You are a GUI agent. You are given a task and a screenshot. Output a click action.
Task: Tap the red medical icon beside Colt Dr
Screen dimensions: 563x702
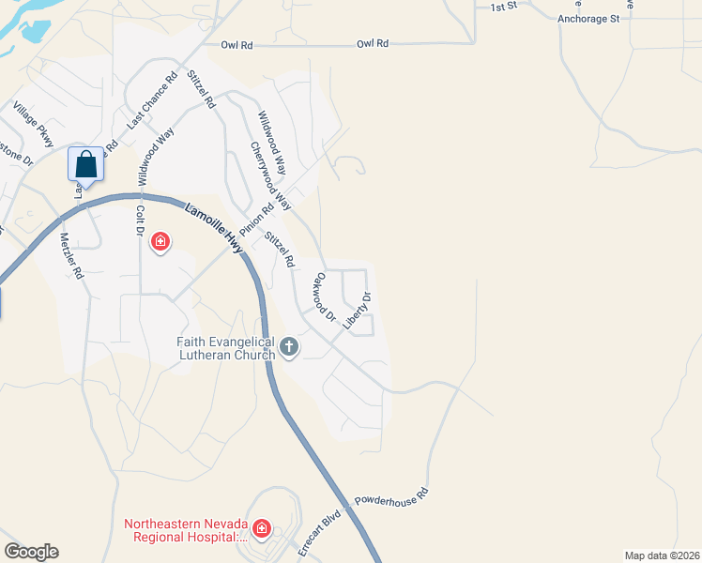160,243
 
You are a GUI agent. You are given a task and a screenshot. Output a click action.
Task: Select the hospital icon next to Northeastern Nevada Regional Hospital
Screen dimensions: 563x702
262,529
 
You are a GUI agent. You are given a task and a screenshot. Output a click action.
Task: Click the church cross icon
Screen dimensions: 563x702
289,348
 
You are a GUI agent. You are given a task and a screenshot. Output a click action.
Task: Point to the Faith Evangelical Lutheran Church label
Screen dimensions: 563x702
226,348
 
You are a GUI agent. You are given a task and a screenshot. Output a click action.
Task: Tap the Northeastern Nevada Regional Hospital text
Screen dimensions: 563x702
186,530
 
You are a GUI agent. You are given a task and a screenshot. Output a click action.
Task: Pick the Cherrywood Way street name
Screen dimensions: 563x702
271,176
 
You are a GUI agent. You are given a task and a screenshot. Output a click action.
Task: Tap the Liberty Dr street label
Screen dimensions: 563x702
358,311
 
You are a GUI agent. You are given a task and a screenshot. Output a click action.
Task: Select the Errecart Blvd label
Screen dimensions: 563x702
316,532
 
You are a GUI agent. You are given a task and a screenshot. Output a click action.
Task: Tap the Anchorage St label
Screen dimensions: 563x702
588,18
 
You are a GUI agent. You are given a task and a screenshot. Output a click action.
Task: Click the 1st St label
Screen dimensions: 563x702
504,7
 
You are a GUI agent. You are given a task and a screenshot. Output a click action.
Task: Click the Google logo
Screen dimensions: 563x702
30,552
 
